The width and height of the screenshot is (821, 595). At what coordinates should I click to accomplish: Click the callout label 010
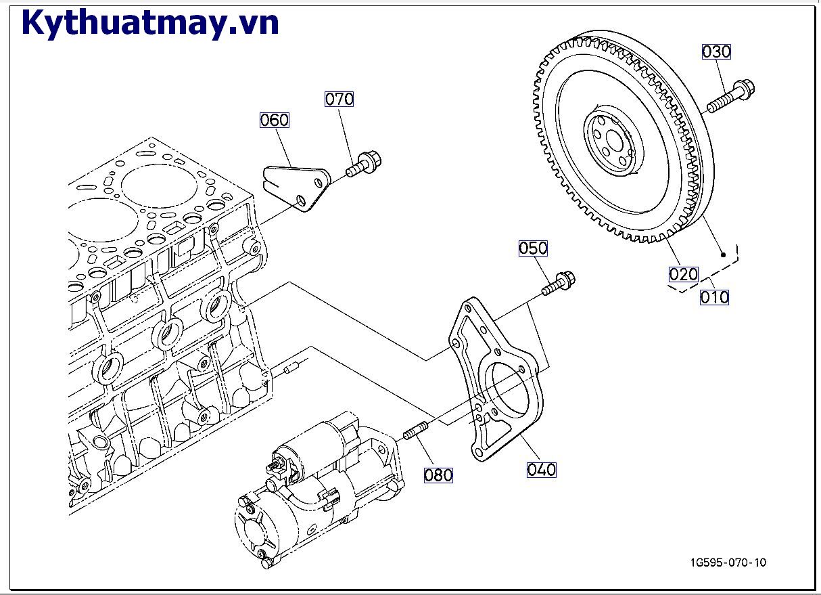(714, 297)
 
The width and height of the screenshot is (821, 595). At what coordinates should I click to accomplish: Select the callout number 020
(684, 274)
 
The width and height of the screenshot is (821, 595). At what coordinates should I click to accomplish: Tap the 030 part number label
(717, 51)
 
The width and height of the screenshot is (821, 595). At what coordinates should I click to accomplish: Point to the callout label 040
(541, 470)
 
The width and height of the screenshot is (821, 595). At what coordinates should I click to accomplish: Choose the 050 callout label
(534, 248)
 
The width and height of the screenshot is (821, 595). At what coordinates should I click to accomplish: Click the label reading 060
(275, 120)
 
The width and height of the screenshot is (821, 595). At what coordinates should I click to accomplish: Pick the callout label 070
(339, 99)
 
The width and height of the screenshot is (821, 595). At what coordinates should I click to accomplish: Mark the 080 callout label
(438, 475)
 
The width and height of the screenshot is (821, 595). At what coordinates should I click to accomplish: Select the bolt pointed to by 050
(558, 283)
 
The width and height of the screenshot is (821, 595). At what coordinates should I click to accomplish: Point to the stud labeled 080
(416, 431)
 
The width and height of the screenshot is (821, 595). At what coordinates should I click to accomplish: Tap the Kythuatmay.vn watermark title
(151, 23)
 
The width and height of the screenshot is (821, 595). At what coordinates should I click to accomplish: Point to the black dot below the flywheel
(723, 255)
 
